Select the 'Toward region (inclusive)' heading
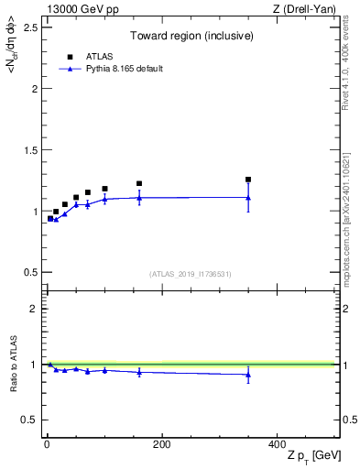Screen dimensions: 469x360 tap(191, 38)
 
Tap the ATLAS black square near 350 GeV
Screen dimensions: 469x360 tap(248, 180)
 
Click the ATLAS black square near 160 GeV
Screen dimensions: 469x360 tap(139, 183)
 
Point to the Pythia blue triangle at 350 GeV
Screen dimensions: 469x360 tap(248, 197)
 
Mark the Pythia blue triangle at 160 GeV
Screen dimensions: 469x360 tap(139, 197)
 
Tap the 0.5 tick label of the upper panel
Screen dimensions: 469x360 tap(31, 272)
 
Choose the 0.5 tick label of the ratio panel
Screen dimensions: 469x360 tap(31, 420)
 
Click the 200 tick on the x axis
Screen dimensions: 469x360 tap(161, 444)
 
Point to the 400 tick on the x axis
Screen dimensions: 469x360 tap(277, 444)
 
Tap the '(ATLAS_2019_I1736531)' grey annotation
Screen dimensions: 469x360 tap(191, 274)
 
